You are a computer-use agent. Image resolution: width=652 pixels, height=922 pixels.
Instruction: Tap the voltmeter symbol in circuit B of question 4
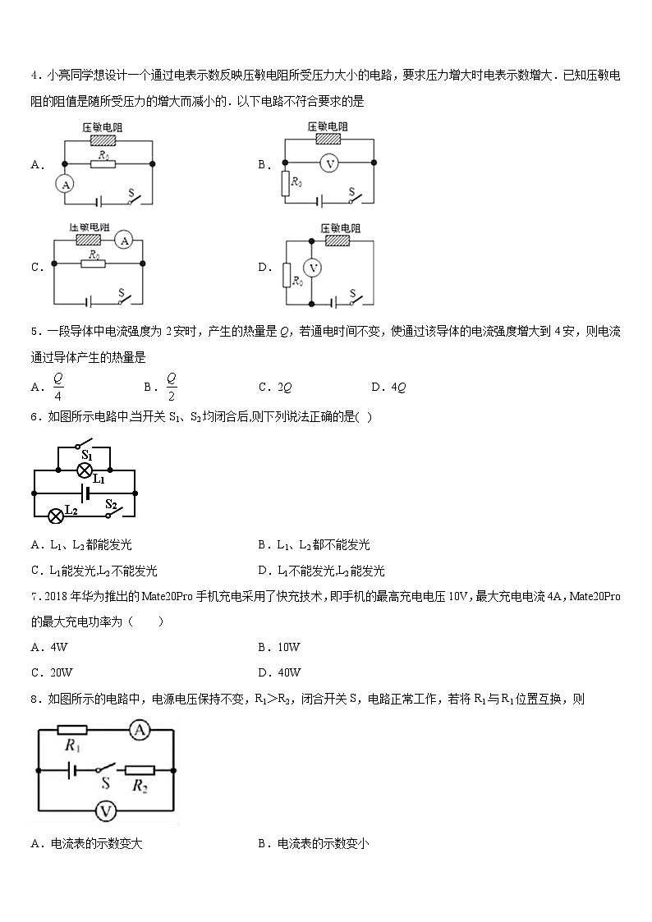(329, 163)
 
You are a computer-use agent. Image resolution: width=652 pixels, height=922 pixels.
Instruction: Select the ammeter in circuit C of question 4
(123, 240)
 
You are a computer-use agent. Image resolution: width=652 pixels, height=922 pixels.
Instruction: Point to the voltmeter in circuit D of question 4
(310, 268)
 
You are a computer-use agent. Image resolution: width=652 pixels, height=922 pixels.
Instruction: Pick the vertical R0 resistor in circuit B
(285, 184)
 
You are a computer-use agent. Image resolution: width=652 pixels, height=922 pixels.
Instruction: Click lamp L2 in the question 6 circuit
(56, 516)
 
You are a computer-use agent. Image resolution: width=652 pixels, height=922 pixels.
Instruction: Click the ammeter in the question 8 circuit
(141, 728)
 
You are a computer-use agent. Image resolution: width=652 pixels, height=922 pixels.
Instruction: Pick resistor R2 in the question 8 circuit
(139, 770)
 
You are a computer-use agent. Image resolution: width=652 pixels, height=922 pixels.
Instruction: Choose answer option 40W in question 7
(288, 672)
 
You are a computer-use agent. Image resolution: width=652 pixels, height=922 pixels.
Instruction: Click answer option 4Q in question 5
(399, 387)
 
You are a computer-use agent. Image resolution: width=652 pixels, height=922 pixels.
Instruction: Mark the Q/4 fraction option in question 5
(57, 386)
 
